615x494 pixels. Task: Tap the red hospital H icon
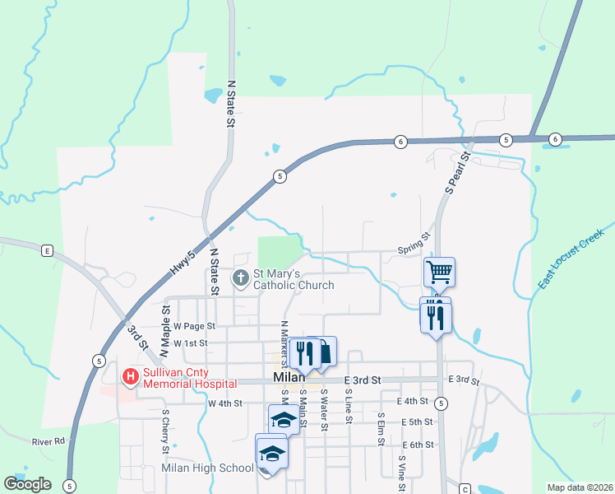coord(130,377)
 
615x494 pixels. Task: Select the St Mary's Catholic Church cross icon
coord(241,278)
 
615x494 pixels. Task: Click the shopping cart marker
coord(440,271)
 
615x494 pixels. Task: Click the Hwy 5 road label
coord(182,269)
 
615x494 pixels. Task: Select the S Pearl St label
coord(457,172)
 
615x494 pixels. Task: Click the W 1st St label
coord(191,343)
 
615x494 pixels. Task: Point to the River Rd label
coord(48,442)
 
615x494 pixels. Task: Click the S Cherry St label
coord(165,431)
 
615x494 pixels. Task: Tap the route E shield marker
coord(48,250)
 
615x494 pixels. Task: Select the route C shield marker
coord(465,487)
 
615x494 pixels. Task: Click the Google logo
coord(27,484)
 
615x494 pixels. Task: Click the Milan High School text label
coord(207,468)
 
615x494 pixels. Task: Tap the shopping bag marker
coord(326,352)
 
